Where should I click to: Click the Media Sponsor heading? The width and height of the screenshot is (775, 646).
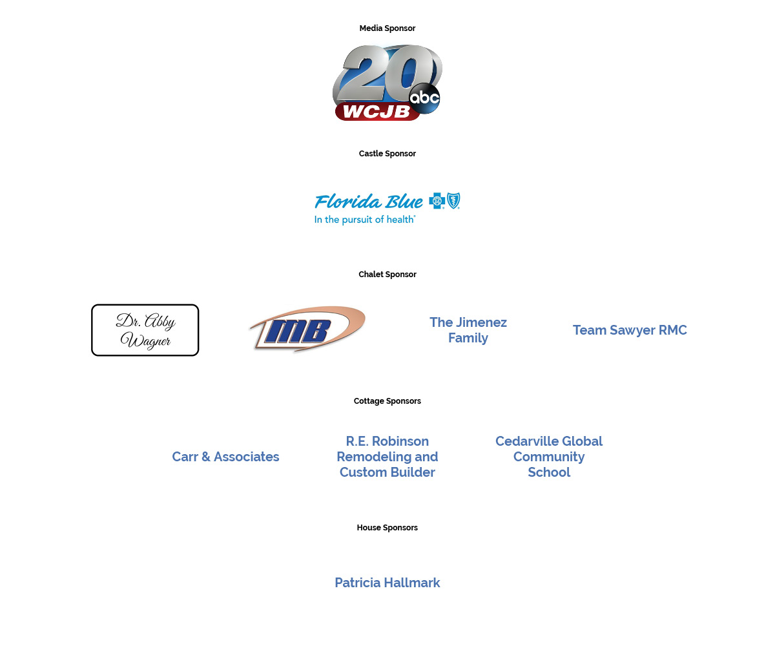pyautogui.click(x=387, y=28)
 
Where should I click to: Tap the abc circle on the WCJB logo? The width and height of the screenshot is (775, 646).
pyautogui.click(x=424, y=98)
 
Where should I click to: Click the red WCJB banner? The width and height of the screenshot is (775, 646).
pyautogui.click(x=377, y=111)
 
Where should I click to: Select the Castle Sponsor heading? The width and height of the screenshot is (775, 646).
pyautogui.click(x=387, y=154)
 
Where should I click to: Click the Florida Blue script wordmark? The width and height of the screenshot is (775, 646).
pyautogui.click(x=369, y=202)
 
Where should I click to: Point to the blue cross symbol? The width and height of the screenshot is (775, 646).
pyautogui.click(x=437, y=201)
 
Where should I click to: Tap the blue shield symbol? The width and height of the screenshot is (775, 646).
pyautogui.click(x=453, y=201)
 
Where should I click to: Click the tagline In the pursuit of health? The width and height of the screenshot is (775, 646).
pyautogui.click(x=364, y=220)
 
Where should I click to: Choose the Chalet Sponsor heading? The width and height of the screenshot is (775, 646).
pyautogui.click(x=387, y=275)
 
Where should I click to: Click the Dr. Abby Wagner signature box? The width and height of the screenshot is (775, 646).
pyautogui.click(x=145, y=330)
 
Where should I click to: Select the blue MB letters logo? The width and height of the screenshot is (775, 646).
pyautogui.click(x=297, y=330)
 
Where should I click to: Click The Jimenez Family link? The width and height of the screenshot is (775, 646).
pyautogui.click(x=468, y=330)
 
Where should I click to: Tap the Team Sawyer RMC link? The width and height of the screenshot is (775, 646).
pyautogui.click(x=630, y=330)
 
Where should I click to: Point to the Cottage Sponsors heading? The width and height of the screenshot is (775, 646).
pyautogui.click(x=387, y=401)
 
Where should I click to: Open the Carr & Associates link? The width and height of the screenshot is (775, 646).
pyautogui.click(x=225, y=457)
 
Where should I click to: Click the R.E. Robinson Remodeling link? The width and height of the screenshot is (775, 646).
pyautogui.click(x=387, y=457)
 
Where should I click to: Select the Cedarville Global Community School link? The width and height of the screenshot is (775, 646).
pyautogui.click(x=549, y=457)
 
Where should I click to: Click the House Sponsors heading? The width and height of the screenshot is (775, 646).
pyautogui.click(x=387, y=528)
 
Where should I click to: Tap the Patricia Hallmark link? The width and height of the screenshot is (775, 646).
pyautogui.click(x=387, y=583)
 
